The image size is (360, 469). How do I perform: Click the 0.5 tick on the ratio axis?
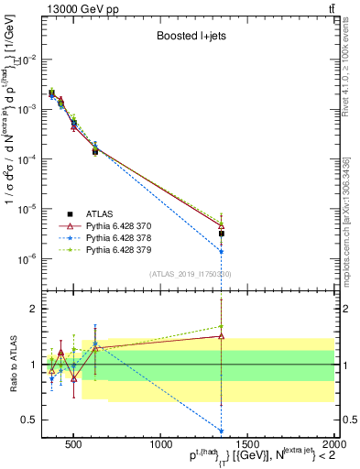coord(28,420)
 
